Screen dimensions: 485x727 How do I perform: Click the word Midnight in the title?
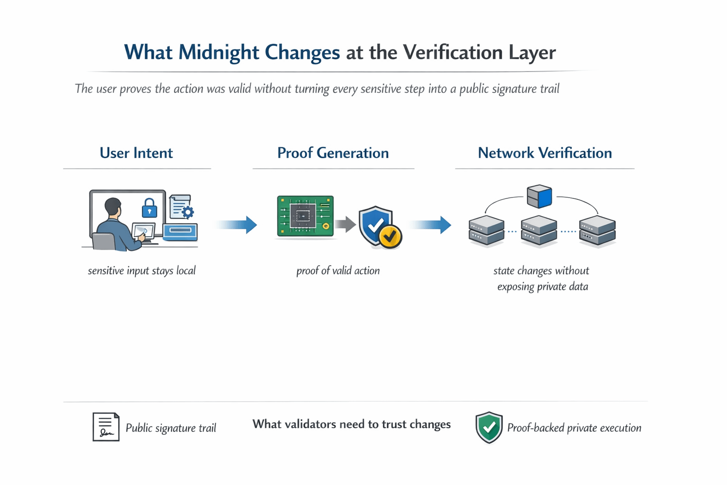(219, 53)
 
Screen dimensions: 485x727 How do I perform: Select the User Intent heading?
(136, 153)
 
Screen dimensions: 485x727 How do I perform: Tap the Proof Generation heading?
(333, 153)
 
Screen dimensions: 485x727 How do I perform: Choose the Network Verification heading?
(544, 153)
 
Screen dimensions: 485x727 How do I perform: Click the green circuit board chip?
(305, 216)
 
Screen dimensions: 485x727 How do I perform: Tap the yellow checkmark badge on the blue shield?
(390, 235)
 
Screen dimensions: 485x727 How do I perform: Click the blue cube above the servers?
(540, 196)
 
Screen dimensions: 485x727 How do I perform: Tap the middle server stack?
(539, 231)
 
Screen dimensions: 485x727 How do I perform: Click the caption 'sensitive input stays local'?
(142, 271)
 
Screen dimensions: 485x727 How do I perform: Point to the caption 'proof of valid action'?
(337, 271)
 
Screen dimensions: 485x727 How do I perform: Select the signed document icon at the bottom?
(106, 427)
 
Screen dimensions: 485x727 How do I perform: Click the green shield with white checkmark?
(488, 427)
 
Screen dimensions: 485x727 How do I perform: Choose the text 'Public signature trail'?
(170, 428)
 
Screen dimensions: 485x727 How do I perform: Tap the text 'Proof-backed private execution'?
(574, 428)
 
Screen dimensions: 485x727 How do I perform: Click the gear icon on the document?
(188, 212)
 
